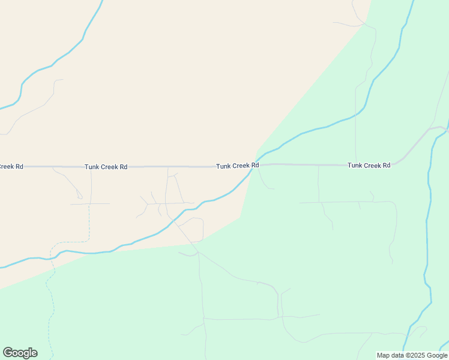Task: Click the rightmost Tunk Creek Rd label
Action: [x=369, y=165]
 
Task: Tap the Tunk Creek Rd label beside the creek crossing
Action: [x=238, y=165]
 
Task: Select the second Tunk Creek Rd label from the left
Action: [x=106, y=167]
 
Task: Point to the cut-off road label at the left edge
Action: [x=11, y=166]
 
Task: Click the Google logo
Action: [x=20, y=353]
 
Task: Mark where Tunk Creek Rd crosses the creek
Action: [x=255, y=165]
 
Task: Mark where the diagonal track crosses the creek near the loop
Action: [x=175, y=221]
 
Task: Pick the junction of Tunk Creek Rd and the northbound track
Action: [x=356, y=164]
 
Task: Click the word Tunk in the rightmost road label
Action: [x=355, y=165]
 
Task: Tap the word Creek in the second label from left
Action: [x=109, y=167]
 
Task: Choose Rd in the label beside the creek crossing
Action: [x=255, y=165]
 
